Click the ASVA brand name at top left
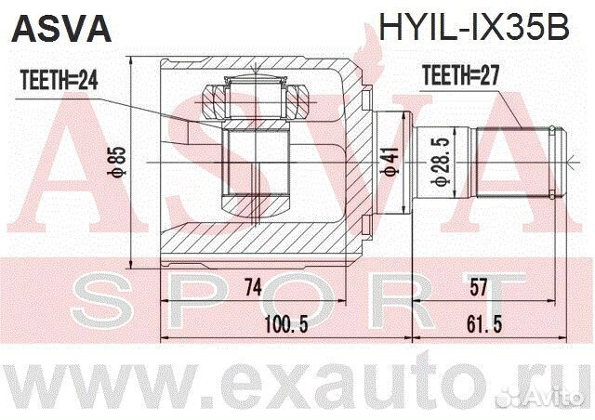(x=59, y=28)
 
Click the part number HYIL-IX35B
(x=474, y=28)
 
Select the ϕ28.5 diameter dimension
(x=439, y=164)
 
